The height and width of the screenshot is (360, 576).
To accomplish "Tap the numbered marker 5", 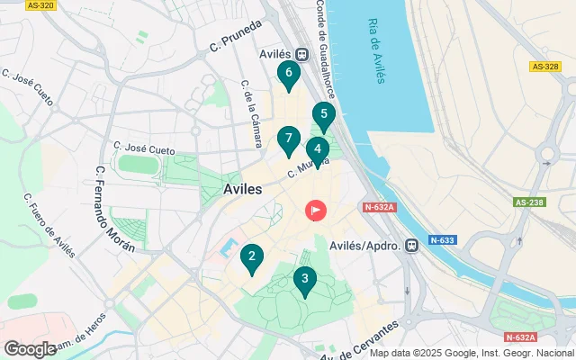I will [x=323, y=115].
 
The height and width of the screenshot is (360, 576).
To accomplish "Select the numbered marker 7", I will [x=288, y=139].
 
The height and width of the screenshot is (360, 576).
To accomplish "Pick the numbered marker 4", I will [x=317, y=150].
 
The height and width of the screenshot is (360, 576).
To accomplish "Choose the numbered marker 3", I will [x=305, y=280].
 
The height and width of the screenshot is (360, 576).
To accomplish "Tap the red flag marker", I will [x=316, y=211].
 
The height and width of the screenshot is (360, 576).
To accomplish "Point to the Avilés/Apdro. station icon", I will [x=412, y=245].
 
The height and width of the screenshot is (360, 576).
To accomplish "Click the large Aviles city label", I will [x=241, y=190].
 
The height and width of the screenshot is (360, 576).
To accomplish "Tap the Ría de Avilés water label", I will [x=376, y=50].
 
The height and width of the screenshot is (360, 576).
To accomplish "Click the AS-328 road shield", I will [x=544, y=66].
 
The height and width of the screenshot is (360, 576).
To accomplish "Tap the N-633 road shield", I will [x=441, y=240].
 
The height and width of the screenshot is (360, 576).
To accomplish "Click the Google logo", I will [x=30, y=348].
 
